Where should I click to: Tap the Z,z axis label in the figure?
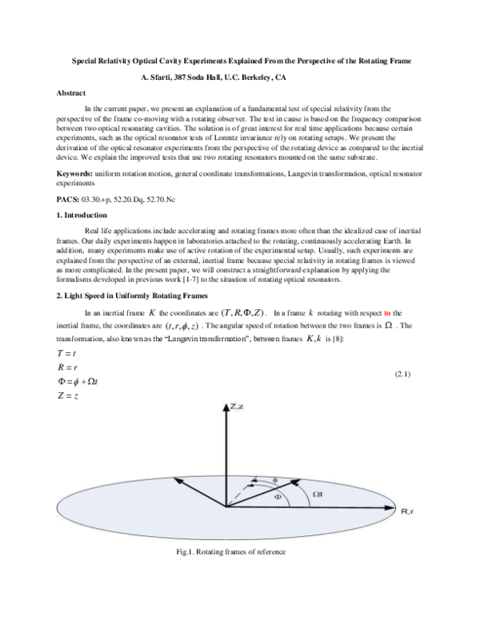tap(238, 408)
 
